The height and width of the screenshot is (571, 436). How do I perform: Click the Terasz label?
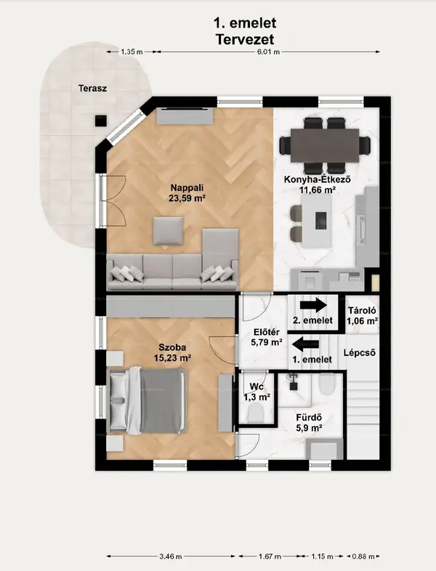click(92, 88)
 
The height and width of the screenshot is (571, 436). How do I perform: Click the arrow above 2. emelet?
click(313, 305)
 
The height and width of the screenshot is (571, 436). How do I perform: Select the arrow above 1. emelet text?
click(306, 344)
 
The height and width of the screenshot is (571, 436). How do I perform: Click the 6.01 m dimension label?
click(268, 52)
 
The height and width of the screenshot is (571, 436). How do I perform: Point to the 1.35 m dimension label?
click(132, 52)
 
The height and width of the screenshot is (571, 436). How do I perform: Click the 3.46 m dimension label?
click(171, 556)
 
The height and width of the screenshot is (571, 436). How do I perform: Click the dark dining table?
click(325, 145)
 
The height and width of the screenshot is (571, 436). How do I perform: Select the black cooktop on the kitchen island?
click(321, 221)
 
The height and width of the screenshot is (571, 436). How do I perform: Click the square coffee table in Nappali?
click(168, 230)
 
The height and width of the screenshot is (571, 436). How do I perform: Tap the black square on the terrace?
click(101, 121)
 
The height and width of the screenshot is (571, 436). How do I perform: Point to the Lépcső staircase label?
click(360, 352)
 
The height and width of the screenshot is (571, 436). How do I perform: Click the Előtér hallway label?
click(267, 337)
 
